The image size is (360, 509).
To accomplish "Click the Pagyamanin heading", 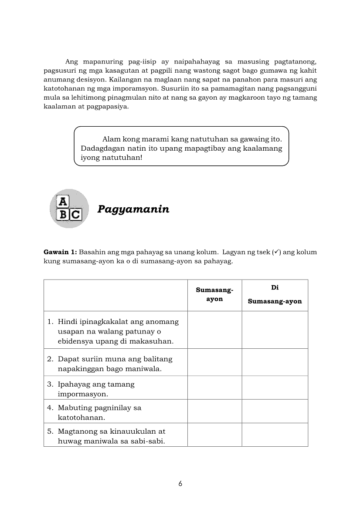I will (x=133, y=209).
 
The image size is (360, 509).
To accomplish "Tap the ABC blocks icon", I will (x=69, y=209).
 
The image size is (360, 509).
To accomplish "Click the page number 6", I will (x=180, y=484).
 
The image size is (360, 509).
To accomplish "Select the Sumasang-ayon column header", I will (x=214, y=295).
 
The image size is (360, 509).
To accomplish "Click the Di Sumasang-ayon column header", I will (x=275, y=295).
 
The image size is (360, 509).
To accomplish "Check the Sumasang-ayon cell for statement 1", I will (x=214, y=330).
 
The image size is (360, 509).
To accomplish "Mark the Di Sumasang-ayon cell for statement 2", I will (x=275, y=362).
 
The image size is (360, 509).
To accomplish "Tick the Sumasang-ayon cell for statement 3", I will (x=214, y=388).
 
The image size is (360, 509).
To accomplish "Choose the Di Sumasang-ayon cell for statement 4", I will (x=275, y=411).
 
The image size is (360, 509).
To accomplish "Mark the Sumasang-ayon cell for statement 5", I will (x=214, y=435).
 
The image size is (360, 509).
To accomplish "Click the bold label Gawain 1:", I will (x=60, y=252).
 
